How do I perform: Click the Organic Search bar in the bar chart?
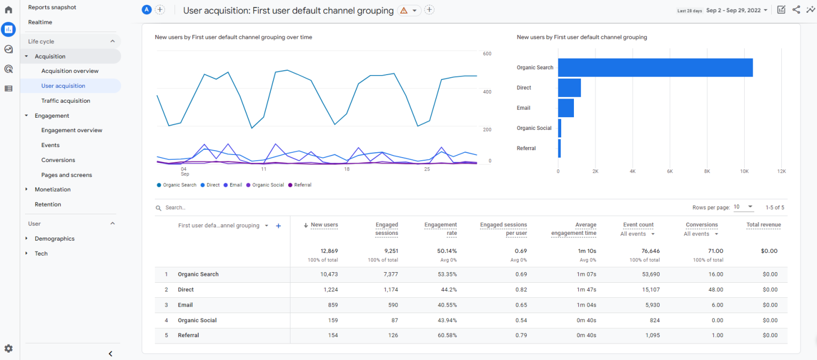(x=655, y=68)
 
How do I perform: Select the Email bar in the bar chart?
(x=566, y=108)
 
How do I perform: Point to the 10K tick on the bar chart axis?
(x=744, y=171)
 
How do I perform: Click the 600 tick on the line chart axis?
(x=487, y=54)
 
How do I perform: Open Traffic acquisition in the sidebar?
(x=65, y=101)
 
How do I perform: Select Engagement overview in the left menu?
(x=72, y=130)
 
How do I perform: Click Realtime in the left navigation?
(x=40, y=22)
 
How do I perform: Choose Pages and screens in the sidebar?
(x=66, y=175)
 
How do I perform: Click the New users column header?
(x=324, y=225)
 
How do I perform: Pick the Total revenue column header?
(x=763, y=225)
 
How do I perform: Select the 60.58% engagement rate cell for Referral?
(x=447, y=336)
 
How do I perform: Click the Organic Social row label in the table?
(x=197, y=321)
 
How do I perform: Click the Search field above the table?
(x=213, y=208)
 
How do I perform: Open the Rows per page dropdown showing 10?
(x=743, y=207)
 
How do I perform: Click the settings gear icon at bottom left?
(x=9, y=348)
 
